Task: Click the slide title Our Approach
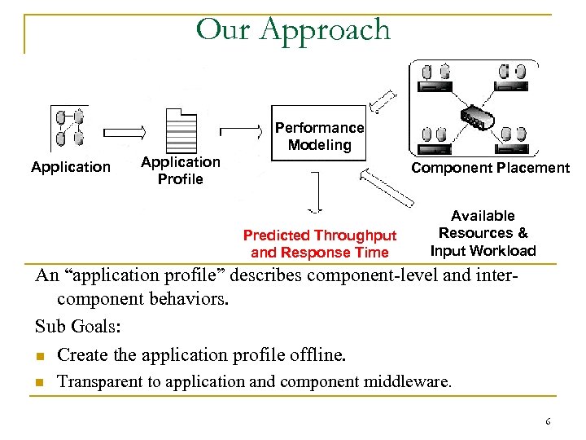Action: pos(293,30)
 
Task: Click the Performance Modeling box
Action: pos(319,136)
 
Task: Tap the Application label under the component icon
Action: pos(71,167)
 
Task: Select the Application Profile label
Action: pos(180,170)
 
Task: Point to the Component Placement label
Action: pos(490,168)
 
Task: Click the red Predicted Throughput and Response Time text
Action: pos(320,244)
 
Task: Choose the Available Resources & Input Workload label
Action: pos(483,233)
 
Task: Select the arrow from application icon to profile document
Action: pos(124,130)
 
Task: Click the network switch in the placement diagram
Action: pos(475,116)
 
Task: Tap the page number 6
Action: pos(548,421)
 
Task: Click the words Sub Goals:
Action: pos(78,327)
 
